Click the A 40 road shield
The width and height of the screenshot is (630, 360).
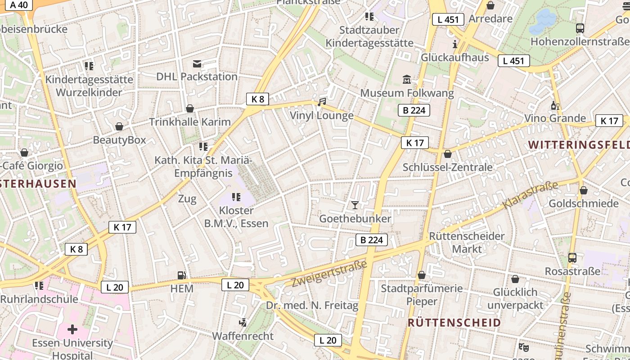(18, 5)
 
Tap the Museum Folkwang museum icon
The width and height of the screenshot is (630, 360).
(407, 79)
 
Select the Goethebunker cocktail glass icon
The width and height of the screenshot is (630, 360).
(355, 205)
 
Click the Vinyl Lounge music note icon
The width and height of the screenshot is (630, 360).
(321, 102)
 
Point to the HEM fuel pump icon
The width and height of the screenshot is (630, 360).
(182, 275)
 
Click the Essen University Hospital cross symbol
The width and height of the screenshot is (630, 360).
(72, 329)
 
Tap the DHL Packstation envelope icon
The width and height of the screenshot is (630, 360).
(197, 63)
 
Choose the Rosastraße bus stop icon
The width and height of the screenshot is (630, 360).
(572, 258)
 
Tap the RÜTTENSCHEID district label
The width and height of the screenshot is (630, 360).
(454, 322)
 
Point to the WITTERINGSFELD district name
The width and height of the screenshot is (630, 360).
(579, 144)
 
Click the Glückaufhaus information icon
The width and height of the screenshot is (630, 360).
(454, 44)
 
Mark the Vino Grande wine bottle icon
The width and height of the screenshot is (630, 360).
(555, 106)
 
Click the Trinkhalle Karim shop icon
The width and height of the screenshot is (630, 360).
(190, 108)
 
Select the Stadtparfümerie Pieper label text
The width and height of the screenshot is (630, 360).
(422, 294)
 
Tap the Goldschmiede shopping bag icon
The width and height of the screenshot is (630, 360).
(583, 190)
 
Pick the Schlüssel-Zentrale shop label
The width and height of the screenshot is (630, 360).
(447, 167)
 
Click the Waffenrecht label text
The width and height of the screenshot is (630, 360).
(243, 336)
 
